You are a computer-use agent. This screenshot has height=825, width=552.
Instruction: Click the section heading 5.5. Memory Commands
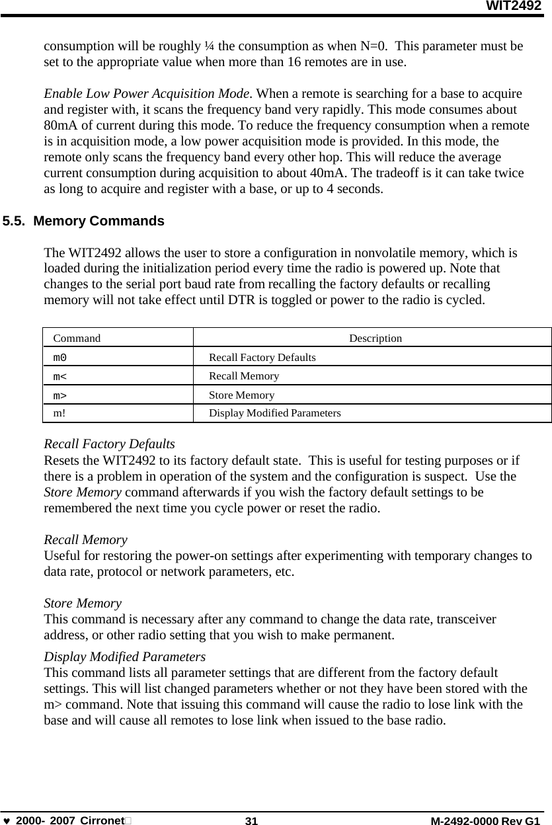(x=83, y=221)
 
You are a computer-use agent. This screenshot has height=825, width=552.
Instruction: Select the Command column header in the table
(x=77, y=338)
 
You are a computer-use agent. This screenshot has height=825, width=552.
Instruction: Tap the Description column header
(x=375, y=338)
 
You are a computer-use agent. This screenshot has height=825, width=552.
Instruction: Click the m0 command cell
(x=59, y=357)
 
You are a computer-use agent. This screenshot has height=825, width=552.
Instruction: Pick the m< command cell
(x=59, y=376)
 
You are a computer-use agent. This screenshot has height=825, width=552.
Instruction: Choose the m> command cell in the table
(x=59, y=395)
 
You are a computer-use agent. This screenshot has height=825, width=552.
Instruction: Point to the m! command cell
(x=59, y=413)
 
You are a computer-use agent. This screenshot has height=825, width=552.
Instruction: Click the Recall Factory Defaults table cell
(x=262, y=357)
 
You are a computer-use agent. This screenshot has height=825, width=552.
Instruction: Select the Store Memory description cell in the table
(x=241, y=395)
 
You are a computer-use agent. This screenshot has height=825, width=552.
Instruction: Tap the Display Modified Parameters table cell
(x=275, y=413)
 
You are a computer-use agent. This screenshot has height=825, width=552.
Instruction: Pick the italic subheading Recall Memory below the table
(x=85, y=540)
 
